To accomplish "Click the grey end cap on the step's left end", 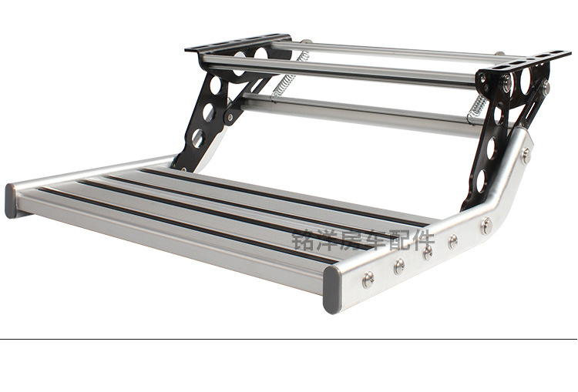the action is pyautogui.click(x=11, y=200).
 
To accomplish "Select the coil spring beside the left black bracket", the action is pyautogui.click(x=290, y=76).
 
